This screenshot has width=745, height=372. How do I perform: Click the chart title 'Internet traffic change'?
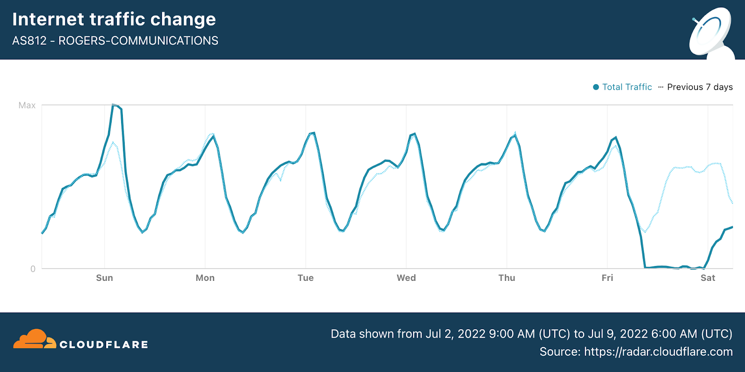tap(114, 20)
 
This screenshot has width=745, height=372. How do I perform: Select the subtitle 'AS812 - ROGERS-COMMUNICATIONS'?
tap(115, 41)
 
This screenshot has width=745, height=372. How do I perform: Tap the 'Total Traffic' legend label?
tap(627, 87)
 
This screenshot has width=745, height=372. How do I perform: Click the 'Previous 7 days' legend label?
tap(699, 87)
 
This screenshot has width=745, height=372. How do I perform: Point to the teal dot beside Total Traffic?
tap(596, 87)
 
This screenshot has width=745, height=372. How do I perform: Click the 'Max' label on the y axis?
tap(27, 106)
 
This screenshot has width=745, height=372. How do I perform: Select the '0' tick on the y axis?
tap(33, 269)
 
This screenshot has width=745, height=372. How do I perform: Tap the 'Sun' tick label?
tap(104, 278)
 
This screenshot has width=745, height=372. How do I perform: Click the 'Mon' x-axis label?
tap(205, 278)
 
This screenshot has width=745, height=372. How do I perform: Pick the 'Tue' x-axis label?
tap(305, 278)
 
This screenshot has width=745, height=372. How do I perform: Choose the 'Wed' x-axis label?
tap(406, 278)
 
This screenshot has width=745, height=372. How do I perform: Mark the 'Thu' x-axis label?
tap(507, 278)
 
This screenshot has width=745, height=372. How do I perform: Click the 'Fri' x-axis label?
tap(607, 278)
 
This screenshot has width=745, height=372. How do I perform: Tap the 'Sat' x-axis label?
tap(708, 278)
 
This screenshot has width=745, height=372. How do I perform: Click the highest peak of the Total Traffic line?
tap(114, 105)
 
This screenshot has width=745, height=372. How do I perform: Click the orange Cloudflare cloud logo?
tap(34, 339)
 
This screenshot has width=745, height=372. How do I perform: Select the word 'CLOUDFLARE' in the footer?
tap(104, 345)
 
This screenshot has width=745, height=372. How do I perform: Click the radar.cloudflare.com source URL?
tap(658, 352)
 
